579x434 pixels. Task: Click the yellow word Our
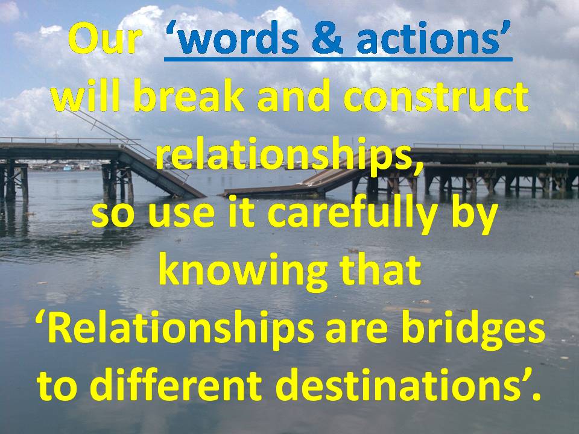click(105, 39)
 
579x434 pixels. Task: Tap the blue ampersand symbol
click(327, 39)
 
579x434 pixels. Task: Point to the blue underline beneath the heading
click(338, 58)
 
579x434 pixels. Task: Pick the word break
click(188, 96)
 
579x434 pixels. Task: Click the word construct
click(435, 96)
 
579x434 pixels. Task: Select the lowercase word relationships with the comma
click(289, 156)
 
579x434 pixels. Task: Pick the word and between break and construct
click(293, 96)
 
